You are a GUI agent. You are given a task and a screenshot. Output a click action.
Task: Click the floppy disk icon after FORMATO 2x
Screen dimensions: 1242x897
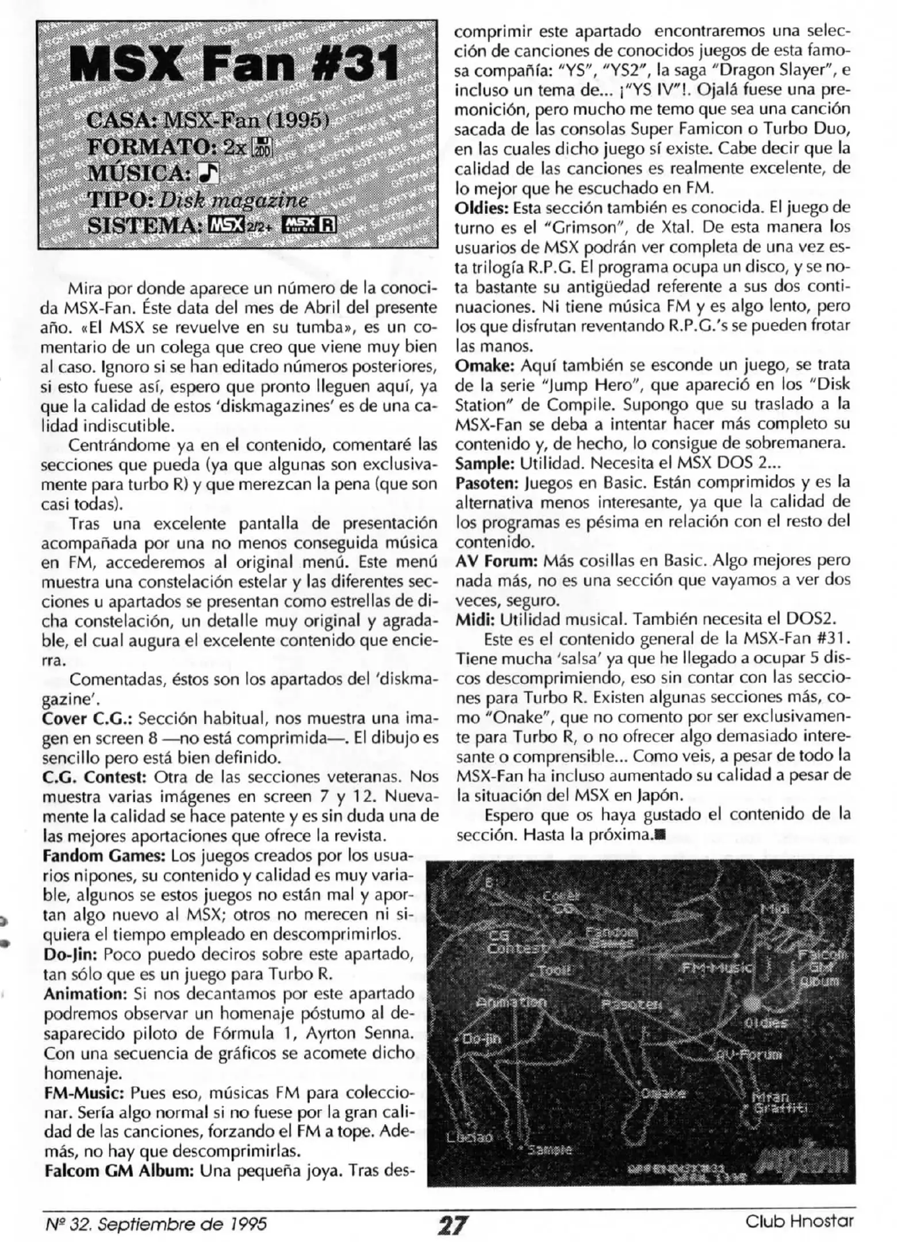(265, 147)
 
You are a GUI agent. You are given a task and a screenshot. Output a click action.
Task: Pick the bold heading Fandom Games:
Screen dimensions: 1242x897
(104, 856)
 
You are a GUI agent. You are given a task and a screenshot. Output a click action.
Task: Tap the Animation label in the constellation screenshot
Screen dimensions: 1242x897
(511, 1002)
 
